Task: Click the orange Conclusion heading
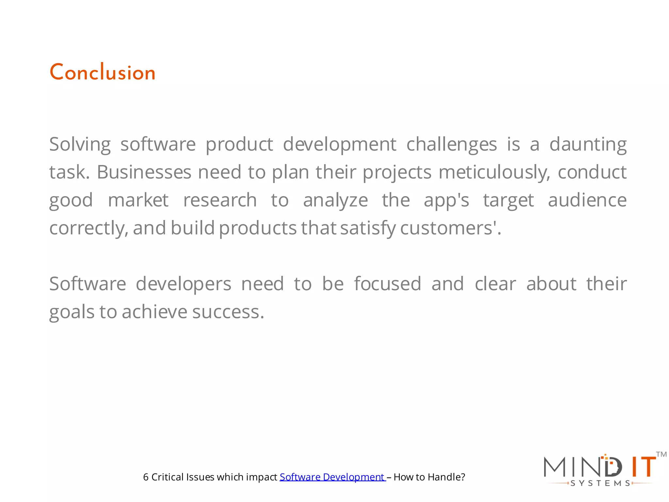pyautogui.click(x=102, y=72)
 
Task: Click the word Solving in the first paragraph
pyautogui.click(x=80, y=144)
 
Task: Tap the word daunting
pyautogui.click(x=588, y=144)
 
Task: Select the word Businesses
pyautogui.click(x=144, y=172)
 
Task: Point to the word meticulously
pyautogui.click(x=494, y=173)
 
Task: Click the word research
pyautogui.click(x=220, y=200)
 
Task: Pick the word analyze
pyautogui.click(x=335, y=201)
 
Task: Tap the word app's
pyautogui.click(x=446, y=201)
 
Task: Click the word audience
pyautogui.click(x=587, y=200)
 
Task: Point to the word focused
pyautogui.click(x=387, y=284)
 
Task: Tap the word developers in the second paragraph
pyautogui.click(x=183, y=284)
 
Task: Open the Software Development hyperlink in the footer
pyautogui.click(x=332, y=477)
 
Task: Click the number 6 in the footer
pyautogui.click(x=146, y=477)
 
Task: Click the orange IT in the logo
pyautogui.click(x=643, y=467)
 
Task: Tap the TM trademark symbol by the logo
pyautogui.click(x=661, y=454)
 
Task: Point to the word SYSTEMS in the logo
pyautogui.click(x=600, y=483)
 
